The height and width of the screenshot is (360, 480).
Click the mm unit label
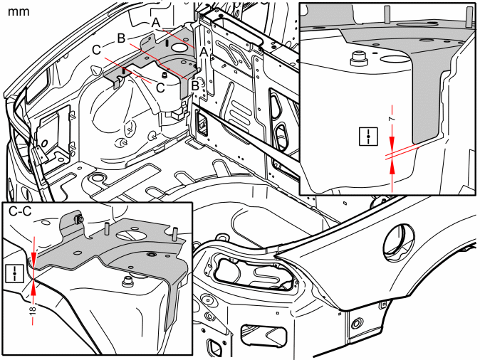[x=19, y=12]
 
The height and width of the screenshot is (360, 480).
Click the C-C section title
[x=21, y=211]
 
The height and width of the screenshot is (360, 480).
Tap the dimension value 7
[x=392, y=119]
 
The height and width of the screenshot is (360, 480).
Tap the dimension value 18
[x=33, y=309]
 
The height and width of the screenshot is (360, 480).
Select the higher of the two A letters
[x=156, y=23]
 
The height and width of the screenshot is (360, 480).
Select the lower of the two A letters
[x=204, y=53]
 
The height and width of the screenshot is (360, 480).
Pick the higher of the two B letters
[x=121, y=38]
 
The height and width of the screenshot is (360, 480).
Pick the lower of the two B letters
[x=195, y=86]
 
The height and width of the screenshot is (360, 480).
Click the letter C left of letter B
[x=96, y=50]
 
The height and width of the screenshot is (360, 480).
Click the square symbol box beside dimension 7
[x=369, y=136]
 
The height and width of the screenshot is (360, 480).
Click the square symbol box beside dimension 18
[x=14, y=273]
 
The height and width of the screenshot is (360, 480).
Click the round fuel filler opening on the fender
[x=400, y=242]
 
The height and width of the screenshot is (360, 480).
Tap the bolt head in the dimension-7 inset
[x=358, y=58]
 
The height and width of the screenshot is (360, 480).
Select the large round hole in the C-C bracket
[x=129, y=235]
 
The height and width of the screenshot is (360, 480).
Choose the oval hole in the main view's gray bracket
[x=179, y=48]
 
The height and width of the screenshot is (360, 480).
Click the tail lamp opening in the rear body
[x=254, y=272]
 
